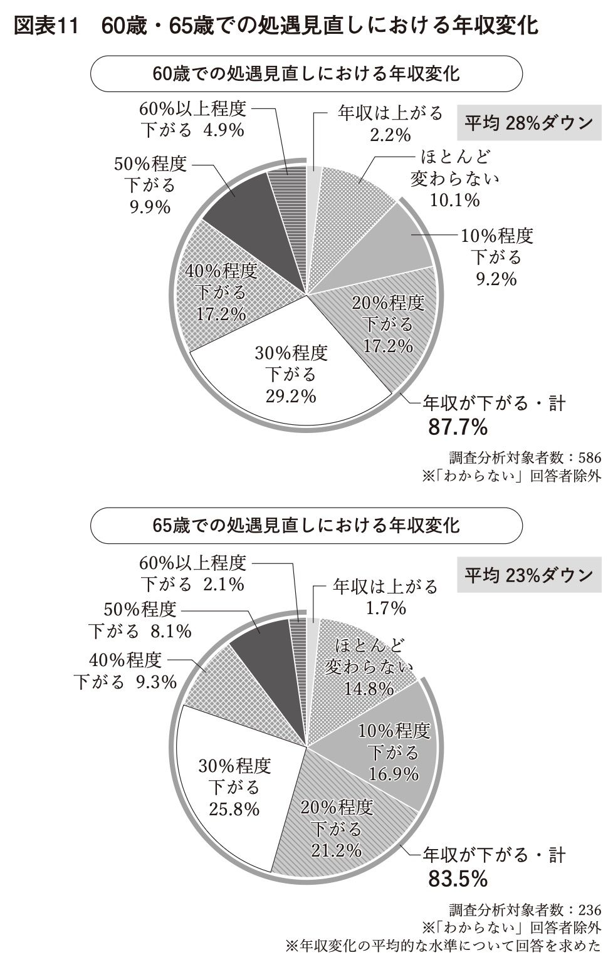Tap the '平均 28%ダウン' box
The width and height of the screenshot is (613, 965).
[x=528, y=123]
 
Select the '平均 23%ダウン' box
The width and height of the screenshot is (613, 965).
[x=528, y=575]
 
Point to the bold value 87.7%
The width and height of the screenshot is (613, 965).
[x=458, y=427]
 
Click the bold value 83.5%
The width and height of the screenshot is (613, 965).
[x=458, y=879]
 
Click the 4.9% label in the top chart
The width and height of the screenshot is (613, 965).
[x=223, y=130]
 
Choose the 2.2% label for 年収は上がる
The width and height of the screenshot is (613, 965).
[x=389, y=134]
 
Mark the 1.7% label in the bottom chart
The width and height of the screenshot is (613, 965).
[x=385, y=608]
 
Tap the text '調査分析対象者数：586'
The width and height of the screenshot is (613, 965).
[x=525, y=457]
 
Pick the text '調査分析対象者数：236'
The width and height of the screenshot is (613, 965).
[x=525, y=909]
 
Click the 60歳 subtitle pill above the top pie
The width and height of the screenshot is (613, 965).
[x=306, y=73]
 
